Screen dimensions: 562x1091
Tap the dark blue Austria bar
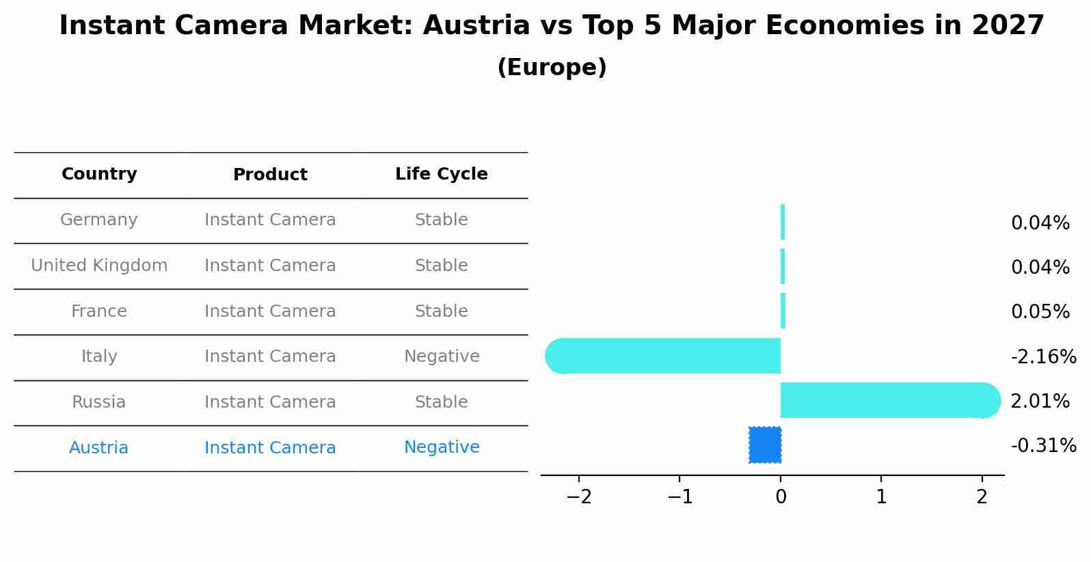pos(765,445)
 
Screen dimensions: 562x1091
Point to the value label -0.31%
pos(1043,446)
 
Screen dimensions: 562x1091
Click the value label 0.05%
pos(1040,312)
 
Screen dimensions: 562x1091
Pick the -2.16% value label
pos(1043,357)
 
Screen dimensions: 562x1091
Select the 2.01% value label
pos(1040,402)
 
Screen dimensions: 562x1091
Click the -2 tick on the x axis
pos(579,496)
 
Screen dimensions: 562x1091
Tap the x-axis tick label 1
pos(881,496)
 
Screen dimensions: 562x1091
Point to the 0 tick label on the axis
pos(781,496)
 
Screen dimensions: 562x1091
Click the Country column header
pos(99,174)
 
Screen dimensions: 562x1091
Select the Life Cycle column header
pos(442,174)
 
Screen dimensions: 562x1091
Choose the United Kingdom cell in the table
pos(99,266)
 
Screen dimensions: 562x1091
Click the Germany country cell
pos(99,220)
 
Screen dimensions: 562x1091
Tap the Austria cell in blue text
pos(99,448)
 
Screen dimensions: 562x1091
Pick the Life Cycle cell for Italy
pos(442,356)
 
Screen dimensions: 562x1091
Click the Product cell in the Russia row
pos(270,402)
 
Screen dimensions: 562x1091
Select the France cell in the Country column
pos(99,311)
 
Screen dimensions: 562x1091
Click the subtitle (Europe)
pos(552,68)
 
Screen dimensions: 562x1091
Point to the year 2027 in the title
pos(1008,26)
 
